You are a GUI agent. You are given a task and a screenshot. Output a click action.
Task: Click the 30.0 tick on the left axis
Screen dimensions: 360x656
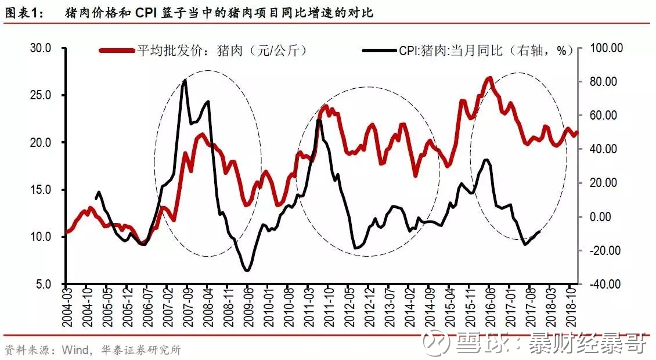coord(41,48)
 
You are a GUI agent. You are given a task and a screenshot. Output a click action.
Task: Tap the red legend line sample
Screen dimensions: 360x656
coord(116,51)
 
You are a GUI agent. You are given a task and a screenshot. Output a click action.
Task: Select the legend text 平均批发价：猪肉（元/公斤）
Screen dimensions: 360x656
coord(221,51)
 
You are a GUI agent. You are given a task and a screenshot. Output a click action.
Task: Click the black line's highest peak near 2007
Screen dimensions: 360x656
coord(184,81)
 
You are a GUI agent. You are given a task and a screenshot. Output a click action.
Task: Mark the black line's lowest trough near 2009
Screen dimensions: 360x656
coord(247,270)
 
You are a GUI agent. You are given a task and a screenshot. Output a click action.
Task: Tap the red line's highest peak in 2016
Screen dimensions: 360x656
coord(489,78)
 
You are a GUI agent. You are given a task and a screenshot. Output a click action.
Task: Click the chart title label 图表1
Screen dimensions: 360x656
coord(23,12)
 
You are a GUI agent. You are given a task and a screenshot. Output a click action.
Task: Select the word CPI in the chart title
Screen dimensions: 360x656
coord(149,12)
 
